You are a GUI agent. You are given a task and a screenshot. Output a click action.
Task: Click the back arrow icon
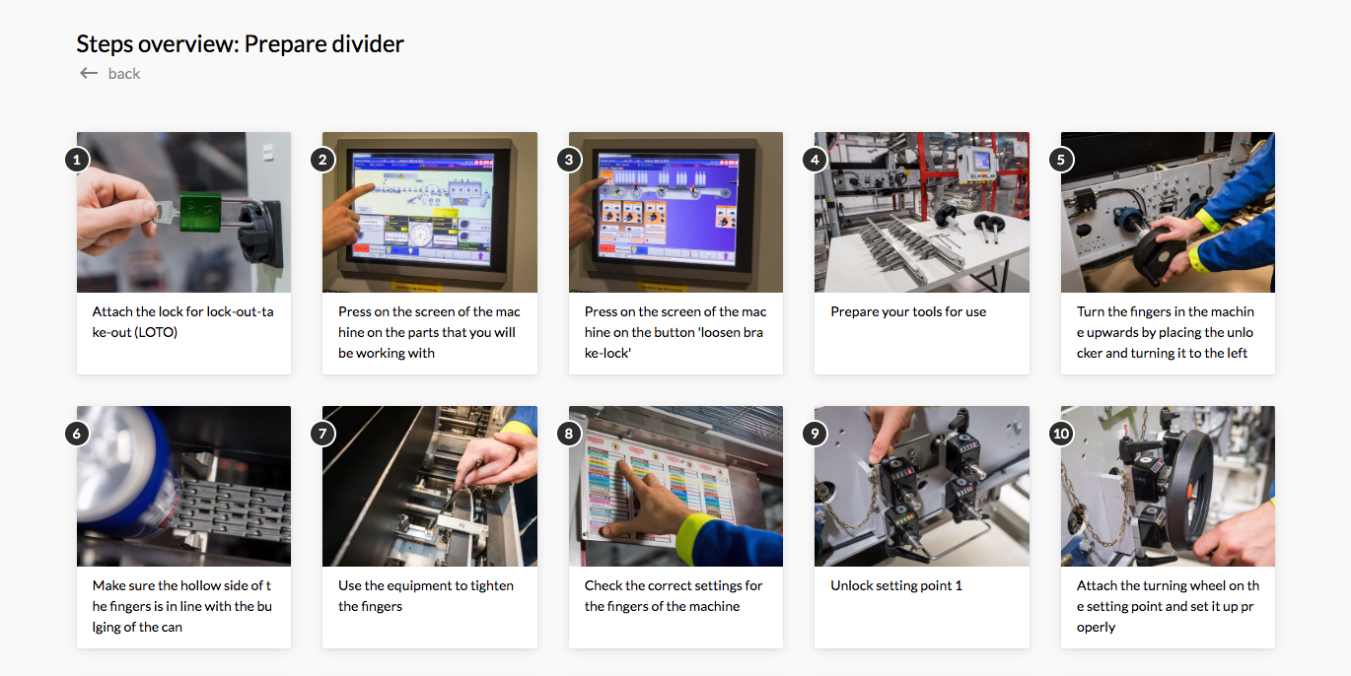89,73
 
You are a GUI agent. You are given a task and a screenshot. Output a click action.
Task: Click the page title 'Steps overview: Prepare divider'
240,43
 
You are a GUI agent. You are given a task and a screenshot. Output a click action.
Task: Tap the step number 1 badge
78,160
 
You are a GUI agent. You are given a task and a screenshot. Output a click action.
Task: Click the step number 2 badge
323,160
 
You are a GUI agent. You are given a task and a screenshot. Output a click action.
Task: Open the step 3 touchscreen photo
675,212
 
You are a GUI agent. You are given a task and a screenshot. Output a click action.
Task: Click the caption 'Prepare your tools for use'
908,311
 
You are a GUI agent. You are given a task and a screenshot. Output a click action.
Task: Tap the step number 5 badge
1061,160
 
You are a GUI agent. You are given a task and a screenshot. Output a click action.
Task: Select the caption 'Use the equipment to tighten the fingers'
426,595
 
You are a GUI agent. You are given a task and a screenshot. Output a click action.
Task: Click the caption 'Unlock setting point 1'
895,585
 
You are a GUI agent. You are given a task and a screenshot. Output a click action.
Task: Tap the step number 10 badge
1061,434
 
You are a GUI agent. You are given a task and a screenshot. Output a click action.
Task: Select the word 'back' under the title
124,74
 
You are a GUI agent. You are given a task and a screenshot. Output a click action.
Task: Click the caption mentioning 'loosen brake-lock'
675,332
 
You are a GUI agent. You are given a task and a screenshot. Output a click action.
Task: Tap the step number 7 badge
323,434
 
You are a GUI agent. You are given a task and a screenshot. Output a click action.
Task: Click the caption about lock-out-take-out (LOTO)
183,321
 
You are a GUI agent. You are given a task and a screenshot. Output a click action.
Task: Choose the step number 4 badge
815,160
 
